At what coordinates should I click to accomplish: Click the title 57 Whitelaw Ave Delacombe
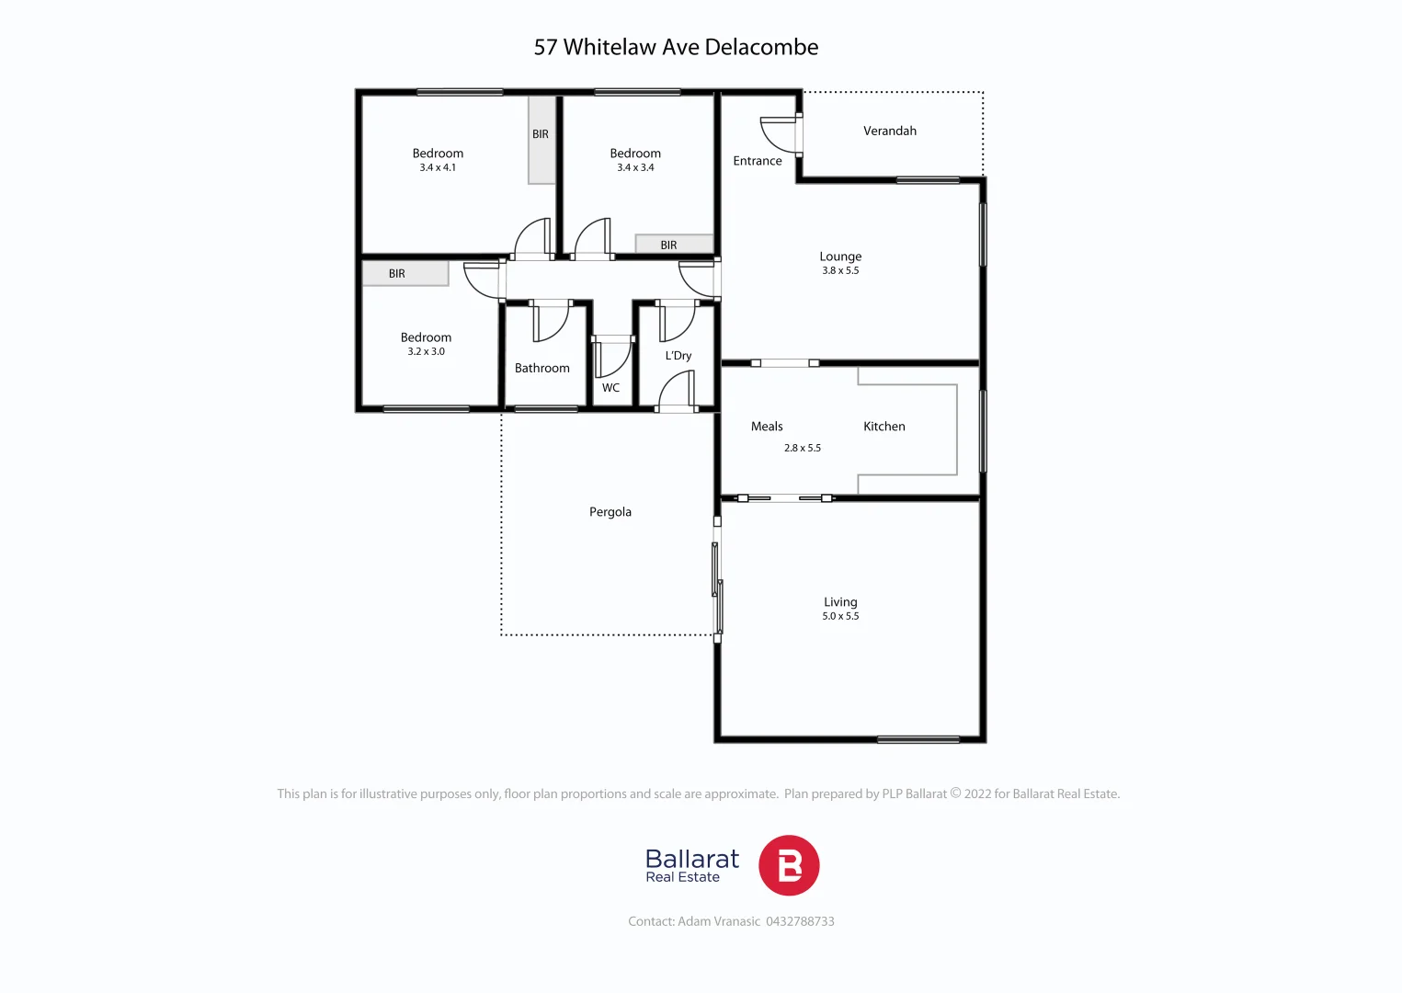click(676, 48)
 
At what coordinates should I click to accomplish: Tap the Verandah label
click(889, 131)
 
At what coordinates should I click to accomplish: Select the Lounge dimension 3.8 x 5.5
click(840, 271)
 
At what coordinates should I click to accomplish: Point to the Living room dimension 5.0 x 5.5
click(840, 617)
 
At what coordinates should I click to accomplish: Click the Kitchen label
click(883, 427)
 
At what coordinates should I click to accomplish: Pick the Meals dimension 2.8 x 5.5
click(802, 449)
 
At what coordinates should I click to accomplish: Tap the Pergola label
click(610, 512)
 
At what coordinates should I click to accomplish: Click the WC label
click(610, 388)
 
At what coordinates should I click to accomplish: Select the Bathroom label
click(541, 369)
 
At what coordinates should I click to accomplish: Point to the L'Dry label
click(678, 356)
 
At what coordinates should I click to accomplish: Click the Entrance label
click(757, 161)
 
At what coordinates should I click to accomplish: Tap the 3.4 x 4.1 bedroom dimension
click(438, 168)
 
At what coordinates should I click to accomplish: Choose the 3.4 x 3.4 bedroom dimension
click(635, 168)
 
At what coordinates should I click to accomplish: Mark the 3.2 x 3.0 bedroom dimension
click(426, 352)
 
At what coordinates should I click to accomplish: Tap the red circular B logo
click(788, 865)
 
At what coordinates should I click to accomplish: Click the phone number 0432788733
click(800, 921)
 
